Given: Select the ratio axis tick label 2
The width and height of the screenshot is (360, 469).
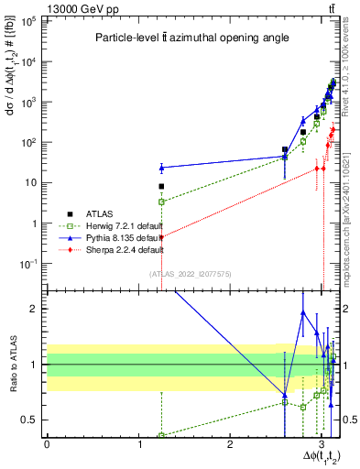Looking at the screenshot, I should [x=37, y=309].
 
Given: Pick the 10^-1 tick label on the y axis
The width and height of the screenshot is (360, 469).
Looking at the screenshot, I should [x=31, y=264].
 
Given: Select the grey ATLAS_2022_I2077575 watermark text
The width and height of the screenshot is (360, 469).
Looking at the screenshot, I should [x=191, y=274].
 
